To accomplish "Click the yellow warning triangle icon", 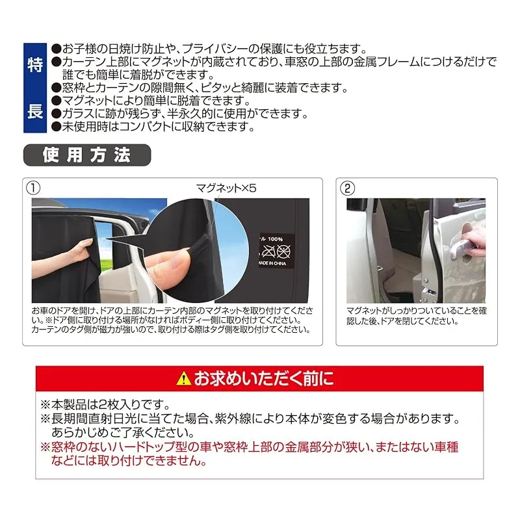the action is (183, 378).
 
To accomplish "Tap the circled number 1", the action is (33, 188).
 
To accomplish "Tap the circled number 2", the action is (347, 188).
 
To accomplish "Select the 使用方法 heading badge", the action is (87, 155).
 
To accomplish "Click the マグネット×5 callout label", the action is (226, 188).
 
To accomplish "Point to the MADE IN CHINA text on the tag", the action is (272, 263).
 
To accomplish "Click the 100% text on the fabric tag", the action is (275, 239).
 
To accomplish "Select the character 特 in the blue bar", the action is (35, 64).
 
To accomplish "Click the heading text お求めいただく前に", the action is (264, 378).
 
